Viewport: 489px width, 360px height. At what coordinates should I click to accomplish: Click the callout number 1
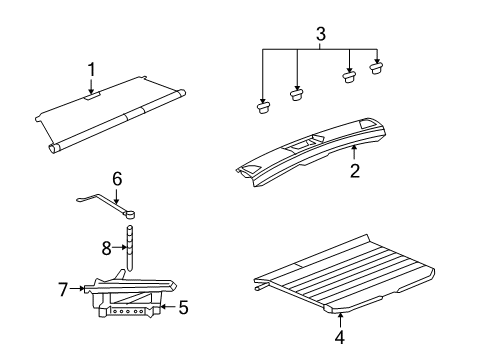click(x=91, y=70)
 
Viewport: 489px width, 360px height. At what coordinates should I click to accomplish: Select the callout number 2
click(x=354, y=170)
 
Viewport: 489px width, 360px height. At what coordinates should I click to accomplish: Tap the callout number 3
click(x=320, y=36)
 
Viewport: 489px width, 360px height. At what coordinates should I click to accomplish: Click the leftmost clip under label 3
click(x=263, y=107)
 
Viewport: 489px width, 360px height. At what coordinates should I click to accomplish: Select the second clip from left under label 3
click(x=297, y=94)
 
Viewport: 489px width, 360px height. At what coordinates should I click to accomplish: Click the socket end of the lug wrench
click(x=131, y=212)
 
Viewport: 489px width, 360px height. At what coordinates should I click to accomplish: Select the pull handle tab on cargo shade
click(x=92, y=98)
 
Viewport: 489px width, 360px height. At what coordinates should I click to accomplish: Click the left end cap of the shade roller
click(x=54, y=147)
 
